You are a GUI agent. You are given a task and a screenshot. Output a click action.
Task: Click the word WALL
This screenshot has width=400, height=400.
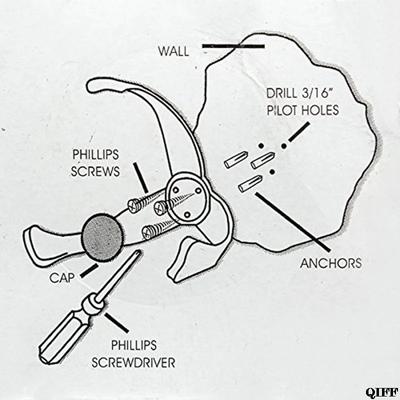click(173, 51)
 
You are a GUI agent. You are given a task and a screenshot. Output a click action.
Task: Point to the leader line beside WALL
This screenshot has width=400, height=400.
click(233, 47)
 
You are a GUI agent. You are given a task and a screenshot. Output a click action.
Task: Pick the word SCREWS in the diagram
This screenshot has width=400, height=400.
click(95, 171)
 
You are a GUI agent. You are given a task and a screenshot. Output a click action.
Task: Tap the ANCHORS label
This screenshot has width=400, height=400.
click(330, 263)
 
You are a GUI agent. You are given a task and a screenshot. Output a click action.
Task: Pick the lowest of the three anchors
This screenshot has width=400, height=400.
click(250, 183)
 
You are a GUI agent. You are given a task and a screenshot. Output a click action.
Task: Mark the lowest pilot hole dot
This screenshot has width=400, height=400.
click(271, 172)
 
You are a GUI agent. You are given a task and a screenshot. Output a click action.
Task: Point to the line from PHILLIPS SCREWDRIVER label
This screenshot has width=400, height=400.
click(117, 322)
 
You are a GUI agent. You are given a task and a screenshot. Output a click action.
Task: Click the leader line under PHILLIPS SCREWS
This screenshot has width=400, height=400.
click(141, 177)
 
